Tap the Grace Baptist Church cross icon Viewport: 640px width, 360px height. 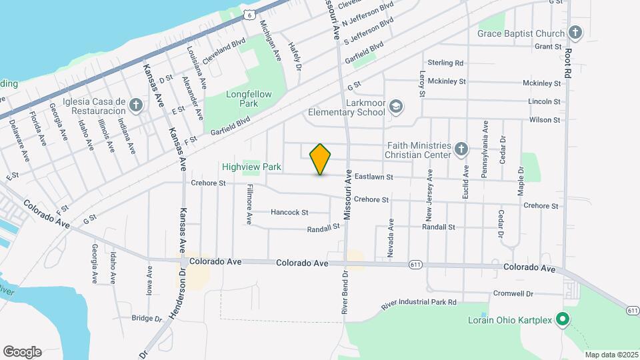575,32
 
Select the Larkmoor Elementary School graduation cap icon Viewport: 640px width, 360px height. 396,107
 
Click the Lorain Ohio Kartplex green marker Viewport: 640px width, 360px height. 562,320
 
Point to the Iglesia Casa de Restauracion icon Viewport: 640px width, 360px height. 136,105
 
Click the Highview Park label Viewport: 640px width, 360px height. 252,167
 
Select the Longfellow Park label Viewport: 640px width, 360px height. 249,99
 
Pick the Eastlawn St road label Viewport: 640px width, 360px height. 373,177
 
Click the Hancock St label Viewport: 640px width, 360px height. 289,213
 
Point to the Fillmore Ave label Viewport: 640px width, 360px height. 249,203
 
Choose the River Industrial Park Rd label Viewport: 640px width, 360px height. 419,303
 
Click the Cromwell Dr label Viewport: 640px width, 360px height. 513,293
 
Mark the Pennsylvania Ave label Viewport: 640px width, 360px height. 485,143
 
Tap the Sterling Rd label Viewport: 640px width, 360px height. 445,63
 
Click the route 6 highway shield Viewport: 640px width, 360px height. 248,14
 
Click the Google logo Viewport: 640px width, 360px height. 22,352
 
